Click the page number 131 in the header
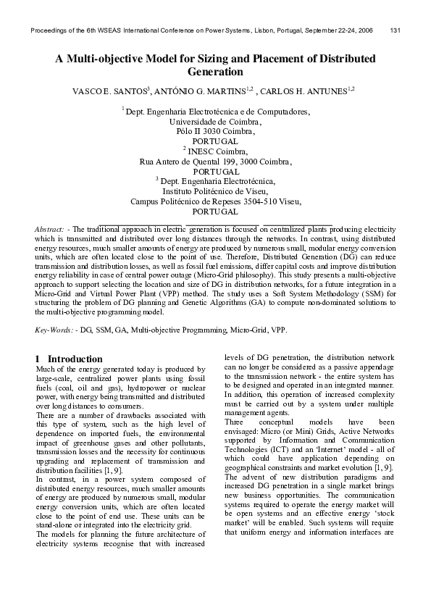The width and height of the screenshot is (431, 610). coord(396,30)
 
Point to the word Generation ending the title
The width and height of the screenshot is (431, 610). coord(215,72)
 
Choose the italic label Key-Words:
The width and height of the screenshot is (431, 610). coord(54,330)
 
